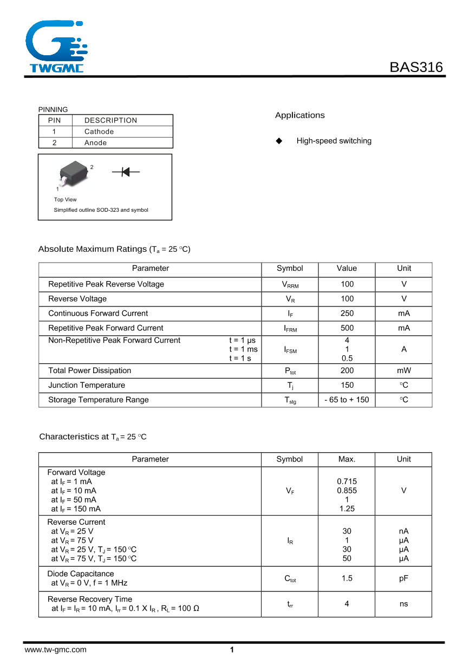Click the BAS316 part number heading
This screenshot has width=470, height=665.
click(416, 67)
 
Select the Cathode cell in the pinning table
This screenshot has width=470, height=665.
click(99, 132)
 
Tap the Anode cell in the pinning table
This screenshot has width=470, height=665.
click(95, 143)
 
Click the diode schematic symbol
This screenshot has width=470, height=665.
click(126, 172)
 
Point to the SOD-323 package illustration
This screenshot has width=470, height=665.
click(73, 173)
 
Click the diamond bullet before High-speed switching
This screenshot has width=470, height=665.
click(279, 141)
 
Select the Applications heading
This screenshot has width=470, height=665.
click(299, 115)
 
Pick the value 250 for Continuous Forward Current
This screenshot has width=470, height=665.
click(347, 314)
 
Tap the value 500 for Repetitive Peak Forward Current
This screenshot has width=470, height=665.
click(347, 328)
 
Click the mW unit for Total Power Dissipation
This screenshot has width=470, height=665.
click(403, 371)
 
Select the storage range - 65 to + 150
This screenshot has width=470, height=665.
click(347, 400)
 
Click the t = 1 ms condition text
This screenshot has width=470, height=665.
click(243, 349)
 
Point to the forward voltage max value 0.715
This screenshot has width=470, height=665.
click(347, 481)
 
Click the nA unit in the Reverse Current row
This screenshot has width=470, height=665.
click(403, 531)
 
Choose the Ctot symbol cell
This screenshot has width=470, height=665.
click(290, 579)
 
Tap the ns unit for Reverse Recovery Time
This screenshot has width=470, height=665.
click(403, 604)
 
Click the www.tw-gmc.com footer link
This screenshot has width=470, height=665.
click(55, 650)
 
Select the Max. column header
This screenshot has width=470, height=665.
click(347, 459)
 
